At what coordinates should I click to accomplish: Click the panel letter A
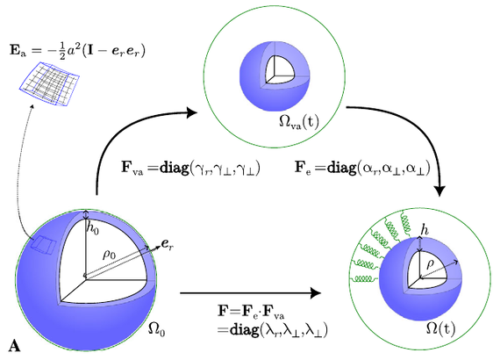14,346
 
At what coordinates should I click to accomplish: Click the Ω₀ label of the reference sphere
156,330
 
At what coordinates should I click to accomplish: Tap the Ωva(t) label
298,122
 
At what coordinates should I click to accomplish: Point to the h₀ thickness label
93,229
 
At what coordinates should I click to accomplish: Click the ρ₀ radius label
110,255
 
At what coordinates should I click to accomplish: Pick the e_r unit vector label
167,244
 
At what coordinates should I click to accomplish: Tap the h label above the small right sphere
425,231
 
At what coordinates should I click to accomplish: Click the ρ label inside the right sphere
430,264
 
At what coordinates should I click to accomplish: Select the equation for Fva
190,168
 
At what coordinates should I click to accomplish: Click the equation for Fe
362,168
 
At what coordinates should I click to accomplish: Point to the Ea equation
77,51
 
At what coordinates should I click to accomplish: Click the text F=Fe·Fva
251,311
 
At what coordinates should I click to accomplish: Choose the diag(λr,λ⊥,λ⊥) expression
272,330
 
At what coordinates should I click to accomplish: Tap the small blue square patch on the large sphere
44,245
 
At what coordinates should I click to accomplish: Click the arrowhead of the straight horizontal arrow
315,293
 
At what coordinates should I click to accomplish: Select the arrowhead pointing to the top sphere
191,112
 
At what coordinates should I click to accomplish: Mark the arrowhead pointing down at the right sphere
439,191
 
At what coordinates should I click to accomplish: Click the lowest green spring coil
366,279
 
